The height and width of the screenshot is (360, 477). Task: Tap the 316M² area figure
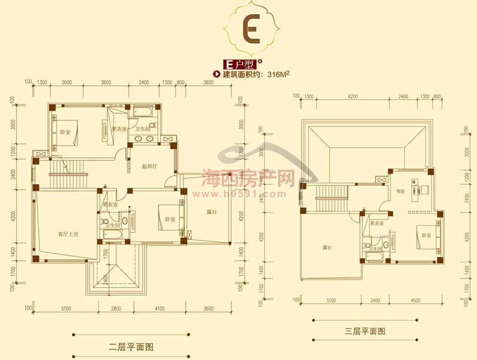pos(279,75)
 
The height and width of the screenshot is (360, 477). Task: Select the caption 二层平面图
pos(131,346)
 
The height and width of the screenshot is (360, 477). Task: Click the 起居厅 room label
pos(149,166)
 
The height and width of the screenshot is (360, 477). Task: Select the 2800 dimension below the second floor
pos(116,309)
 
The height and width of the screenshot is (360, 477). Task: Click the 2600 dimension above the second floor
pos(67,82)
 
